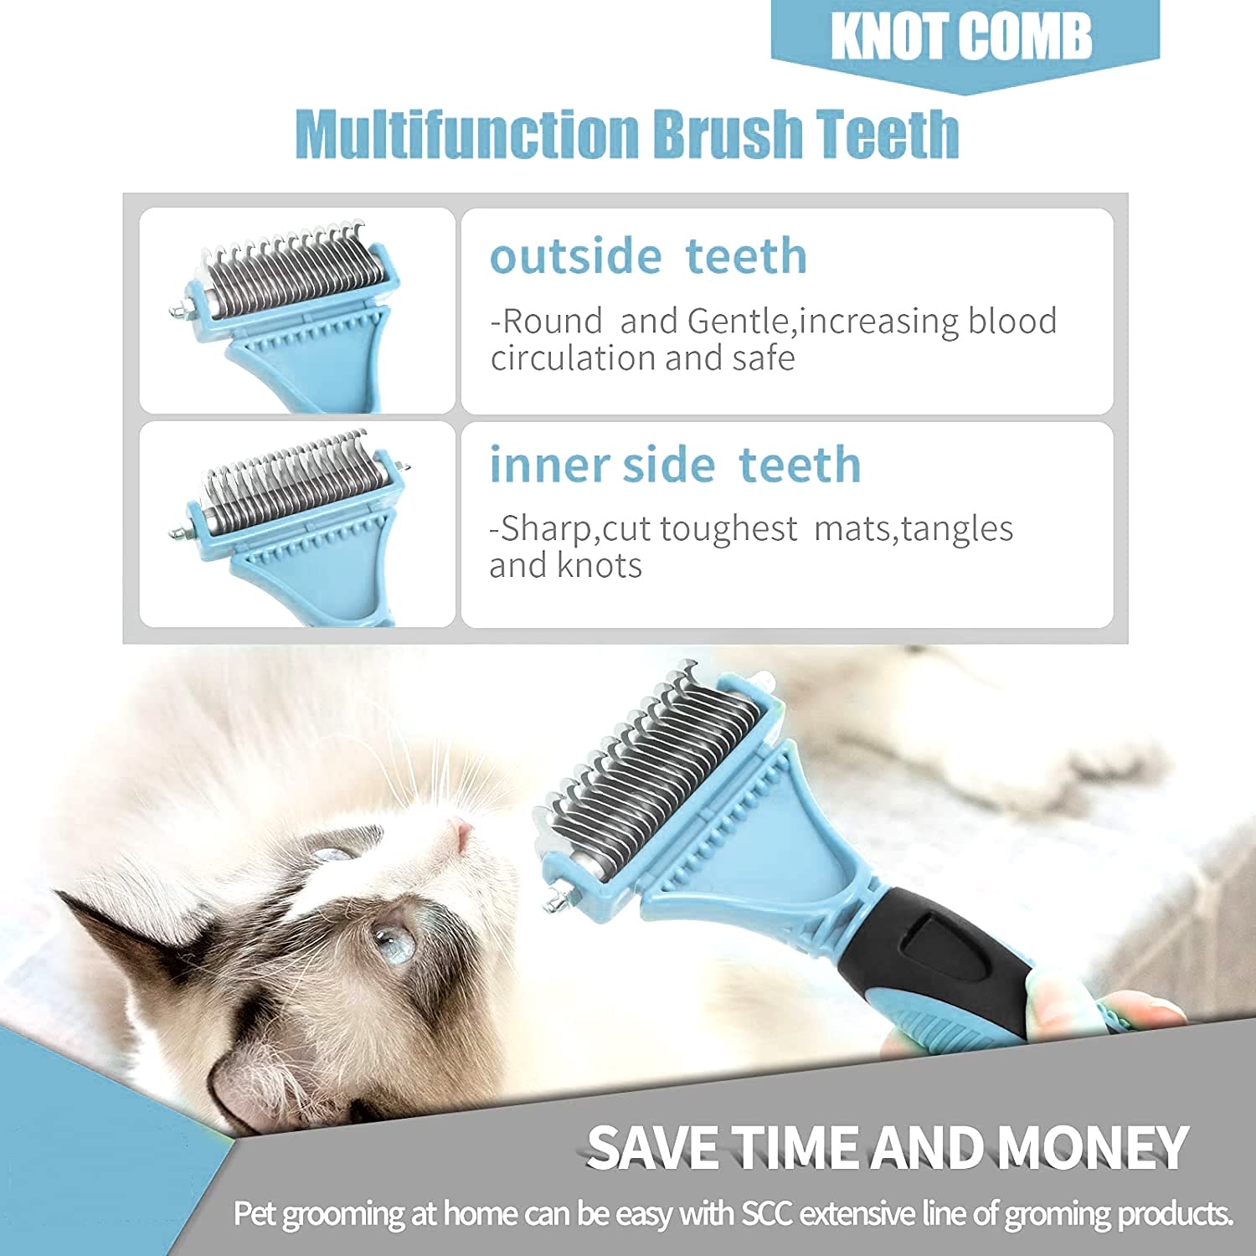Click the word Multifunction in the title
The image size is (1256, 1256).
pos(466,134)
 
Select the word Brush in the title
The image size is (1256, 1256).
pos(728,134)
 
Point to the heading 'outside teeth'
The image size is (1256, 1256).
pos(648,256)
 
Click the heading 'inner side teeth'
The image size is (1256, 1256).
pos(675,465)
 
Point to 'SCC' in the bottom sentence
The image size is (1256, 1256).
pos(766,1214)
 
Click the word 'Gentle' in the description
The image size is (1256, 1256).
pos(738,322)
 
